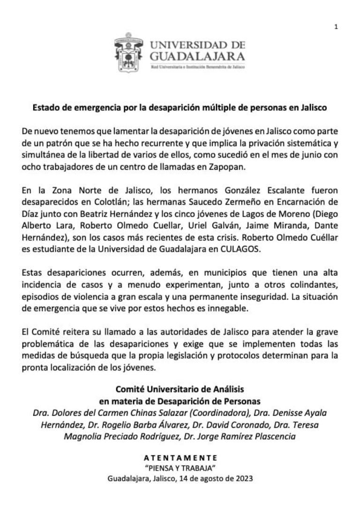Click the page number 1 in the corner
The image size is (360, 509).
[x=336, y=27]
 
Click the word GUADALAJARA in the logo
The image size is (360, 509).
[x=197, y=57]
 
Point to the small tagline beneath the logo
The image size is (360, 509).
[x=197, y=67]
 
